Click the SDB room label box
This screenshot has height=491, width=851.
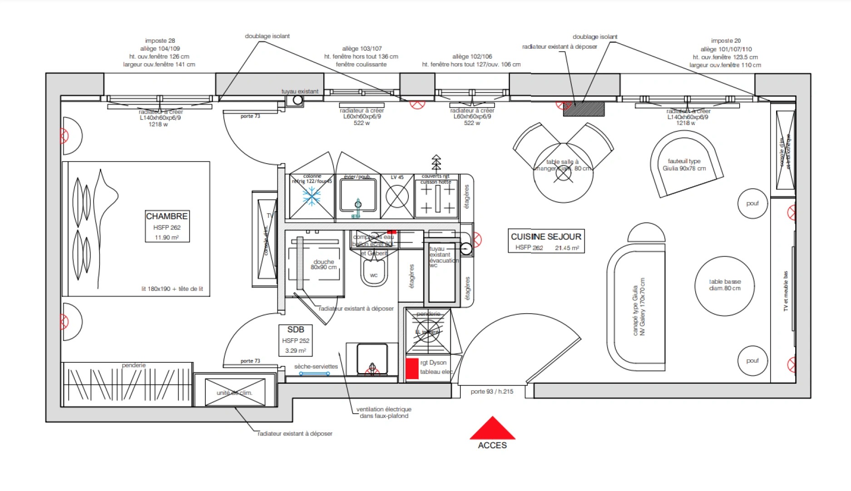(x=295, y=340)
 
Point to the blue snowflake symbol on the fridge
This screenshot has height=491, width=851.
(x=312, y=196)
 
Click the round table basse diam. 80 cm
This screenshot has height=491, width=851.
(x=724, y=286)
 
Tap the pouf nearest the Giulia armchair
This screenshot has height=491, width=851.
(x=752, y=203)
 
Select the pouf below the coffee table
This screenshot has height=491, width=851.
(x=752, y=361)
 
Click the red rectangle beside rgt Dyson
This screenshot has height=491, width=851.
(x=412, y=368)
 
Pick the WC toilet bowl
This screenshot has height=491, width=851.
(x=374, y=273)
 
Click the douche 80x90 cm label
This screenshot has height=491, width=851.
(x=323, y=265)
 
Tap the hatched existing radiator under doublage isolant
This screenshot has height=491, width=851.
(x=584, y=109)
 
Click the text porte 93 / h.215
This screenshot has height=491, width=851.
(x=492, y=391)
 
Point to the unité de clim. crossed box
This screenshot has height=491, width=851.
(x=235, y=392)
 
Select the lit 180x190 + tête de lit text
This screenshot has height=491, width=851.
(x=172, y=289)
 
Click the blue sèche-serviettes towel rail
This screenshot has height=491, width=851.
(x=314, y=374)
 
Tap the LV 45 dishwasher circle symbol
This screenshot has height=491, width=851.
(x=397, y=197)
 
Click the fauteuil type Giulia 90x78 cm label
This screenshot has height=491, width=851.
(x=684, y=165)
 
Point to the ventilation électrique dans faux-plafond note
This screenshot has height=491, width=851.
(x=384, y=412)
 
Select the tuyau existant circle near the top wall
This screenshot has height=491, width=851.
(x=297, y=100)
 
